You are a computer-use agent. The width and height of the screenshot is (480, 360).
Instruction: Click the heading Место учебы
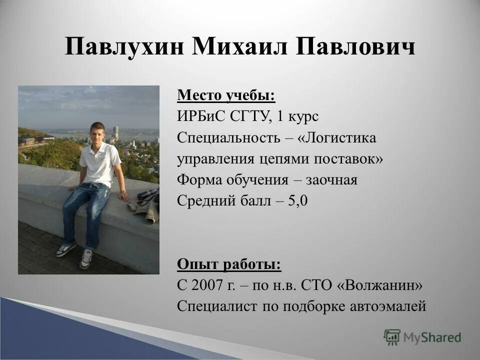[x=226, y=94]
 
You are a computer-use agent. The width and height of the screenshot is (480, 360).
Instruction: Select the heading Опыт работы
[x=229, y=264]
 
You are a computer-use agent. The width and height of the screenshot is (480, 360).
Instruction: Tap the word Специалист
[x=217, y=306]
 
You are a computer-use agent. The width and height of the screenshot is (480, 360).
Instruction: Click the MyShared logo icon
[x=392, y=337]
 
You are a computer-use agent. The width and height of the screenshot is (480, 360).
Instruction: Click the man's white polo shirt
[x=101, y=162]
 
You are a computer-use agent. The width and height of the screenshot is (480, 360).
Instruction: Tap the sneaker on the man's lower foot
[x=86, y=258]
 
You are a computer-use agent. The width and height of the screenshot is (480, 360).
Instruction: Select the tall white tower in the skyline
[x=115, y=133]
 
